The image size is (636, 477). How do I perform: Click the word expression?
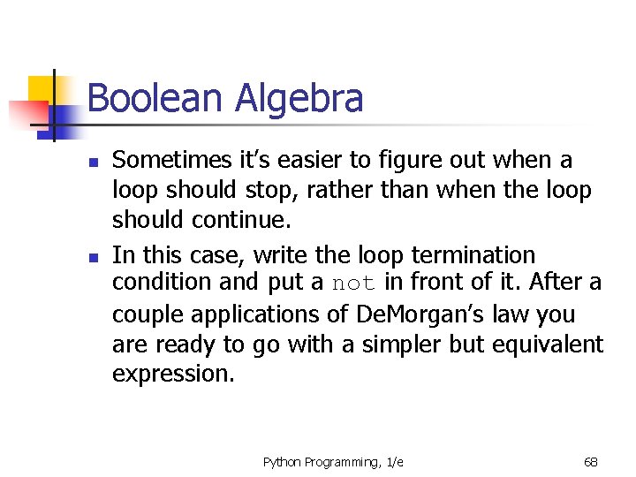tap(173, 374)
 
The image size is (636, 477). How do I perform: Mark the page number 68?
tap(591, 462)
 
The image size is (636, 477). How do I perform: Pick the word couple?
tap(142, 314)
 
